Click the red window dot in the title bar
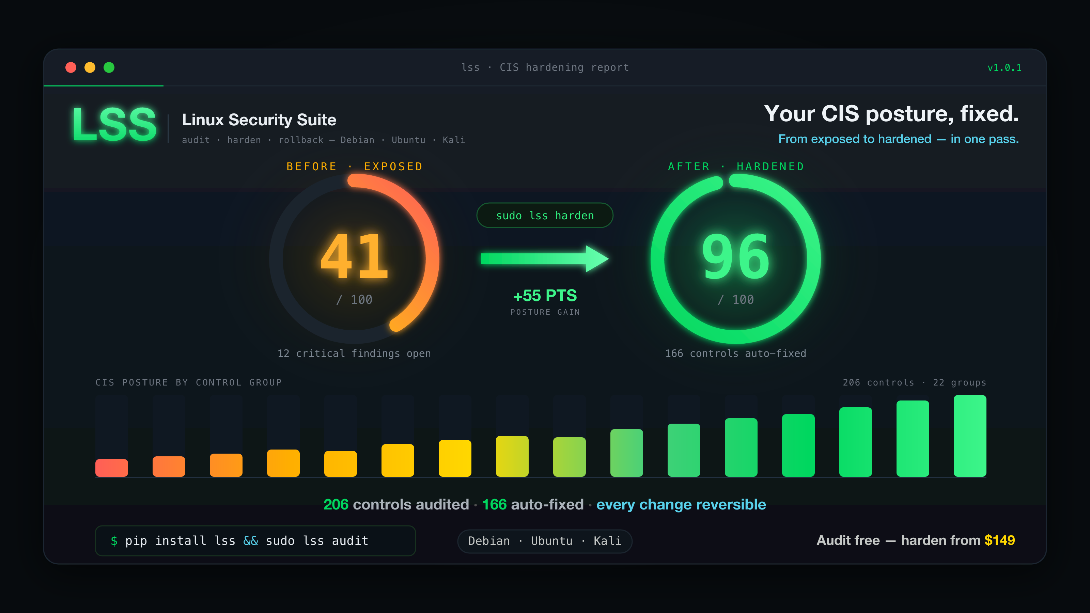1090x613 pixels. pos(71,67)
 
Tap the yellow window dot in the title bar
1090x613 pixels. pos(90,67)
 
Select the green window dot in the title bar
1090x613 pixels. pos(109,67)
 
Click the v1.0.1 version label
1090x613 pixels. pos(1004,68)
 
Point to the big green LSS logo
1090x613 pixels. pos(114,124)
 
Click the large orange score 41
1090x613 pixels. pos(354,257)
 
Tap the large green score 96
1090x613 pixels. pos(735,257)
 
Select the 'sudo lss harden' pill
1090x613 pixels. pos(545,215)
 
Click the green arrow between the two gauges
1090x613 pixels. pos(545,258)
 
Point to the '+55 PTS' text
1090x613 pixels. pos(545,295)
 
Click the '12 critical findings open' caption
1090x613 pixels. pos(354,353)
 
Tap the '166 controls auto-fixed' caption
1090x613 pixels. pos(735,353)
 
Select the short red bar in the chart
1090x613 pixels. pos(112,468)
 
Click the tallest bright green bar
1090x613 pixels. pos(970,436)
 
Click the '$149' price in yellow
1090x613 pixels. pos(999,540)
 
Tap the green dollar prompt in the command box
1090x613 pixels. pos(114,541)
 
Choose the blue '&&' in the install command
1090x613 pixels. pos(250,541)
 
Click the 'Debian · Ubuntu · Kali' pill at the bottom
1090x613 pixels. pos(545,541)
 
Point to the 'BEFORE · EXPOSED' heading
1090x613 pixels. pos(355,167)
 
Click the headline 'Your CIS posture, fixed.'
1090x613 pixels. pos(891,114)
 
